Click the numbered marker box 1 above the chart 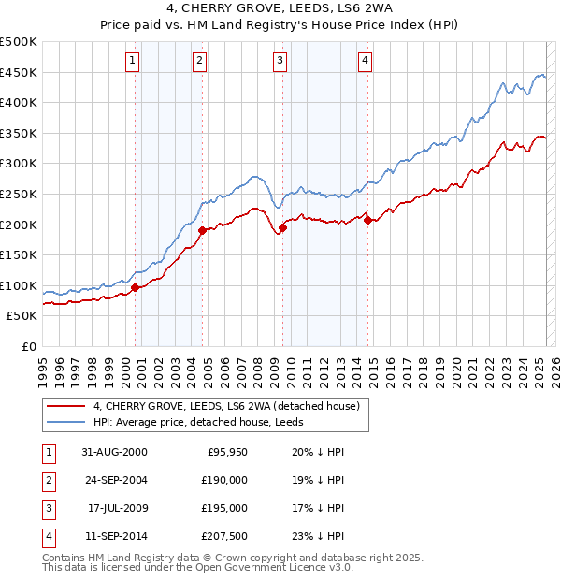pos(133,62)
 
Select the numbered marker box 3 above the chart pos(280,62)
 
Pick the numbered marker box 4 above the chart pos(365,62)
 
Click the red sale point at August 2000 pos(136,287)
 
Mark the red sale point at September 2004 pos(203,229)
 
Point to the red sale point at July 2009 pos(282,226)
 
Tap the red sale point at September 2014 pos(368,220)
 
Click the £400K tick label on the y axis pos(19,103)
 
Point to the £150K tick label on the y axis pos(19,254)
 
